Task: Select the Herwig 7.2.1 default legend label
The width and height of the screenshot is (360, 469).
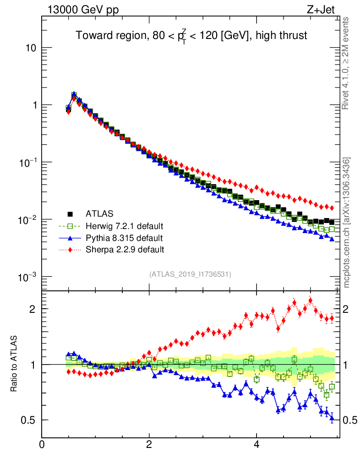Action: [125, 226]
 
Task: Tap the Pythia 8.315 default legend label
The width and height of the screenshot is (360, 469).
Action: [124, 238]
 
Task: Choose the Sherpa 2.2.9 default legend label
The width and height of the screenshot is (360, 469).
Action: [125, 250]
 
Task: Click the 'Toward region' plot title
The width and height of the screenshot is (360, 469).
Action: [191, 36]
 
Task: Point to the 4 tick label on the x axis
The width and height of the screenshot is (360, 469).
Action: [256, 444]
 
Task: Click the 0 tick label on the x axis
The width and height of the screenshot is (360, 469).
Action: [42, 444]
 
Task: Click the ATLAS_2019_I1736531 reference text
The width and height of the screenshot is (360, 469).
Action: [190, 274]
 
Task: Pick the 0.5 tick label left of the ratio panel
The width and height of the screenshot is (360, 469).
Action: [30, 420]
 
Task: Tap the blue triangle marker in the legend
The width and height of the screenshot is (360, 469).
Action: [70, 238]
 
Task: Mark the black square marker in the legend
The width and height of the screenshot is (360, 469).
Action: [70, 213]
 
